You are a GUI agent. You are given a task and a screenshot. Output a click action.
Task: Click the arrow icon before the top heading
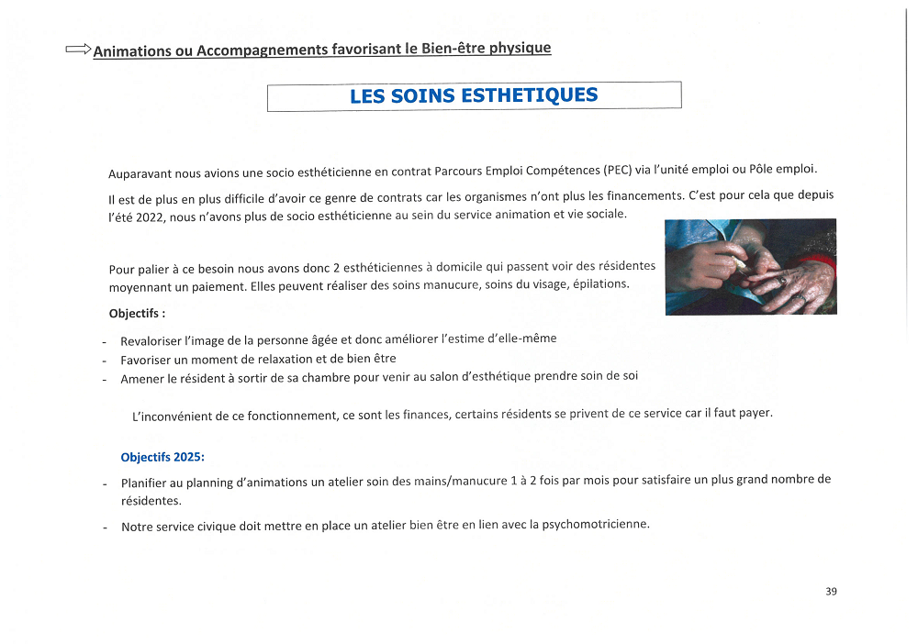coord(78,50)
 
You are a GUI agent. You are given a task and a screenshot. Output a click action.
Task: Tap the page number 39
coord(831,592)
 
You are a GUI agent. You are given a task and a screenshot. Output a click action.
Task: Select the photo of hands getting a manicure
coord(750,266)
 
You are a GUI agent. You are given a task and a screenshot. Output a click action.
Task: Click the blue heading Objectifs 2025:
coord(162,457)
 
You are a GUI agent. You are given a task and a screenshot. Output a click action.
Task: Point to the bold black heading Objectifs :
coord(137,313)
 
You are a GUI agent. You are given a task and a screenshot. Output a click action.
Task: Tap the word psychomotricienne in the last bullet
coord(595,525)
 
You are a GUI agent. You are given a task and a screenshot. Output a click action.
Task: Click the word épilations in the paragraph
coord(600,284)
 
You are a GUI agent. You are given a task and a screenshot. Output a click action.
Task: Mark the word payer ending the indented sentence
coord(755,413)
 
